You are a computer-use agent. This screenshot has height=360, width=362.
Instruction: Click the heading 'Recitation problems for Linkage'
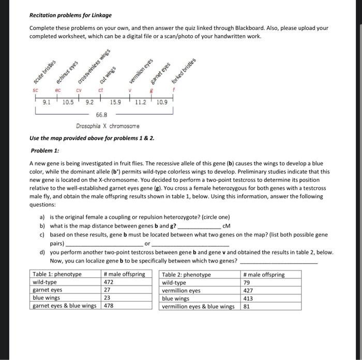point(70,15)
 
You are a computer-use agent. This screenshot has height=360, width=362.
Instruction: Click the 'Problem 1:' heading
point(45,150)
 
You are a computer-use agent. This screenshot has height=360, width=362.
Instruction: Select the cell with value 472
point(110,283)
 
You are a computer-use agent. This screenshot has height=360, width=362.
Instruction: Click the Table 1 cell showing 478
point(109,306)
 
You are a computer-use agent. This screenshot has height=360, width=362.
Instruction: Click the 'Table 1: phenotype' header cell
point(57,275)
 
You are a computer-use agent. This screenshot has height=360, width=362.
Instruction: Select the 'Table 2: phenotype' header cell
point(187,275)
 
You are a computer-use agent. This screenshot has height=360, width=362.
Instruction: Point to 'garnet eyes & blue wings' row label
point(65,306)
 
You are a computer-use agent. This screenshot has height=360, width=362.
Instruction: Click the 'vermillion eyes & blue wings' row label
point(198,306)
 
